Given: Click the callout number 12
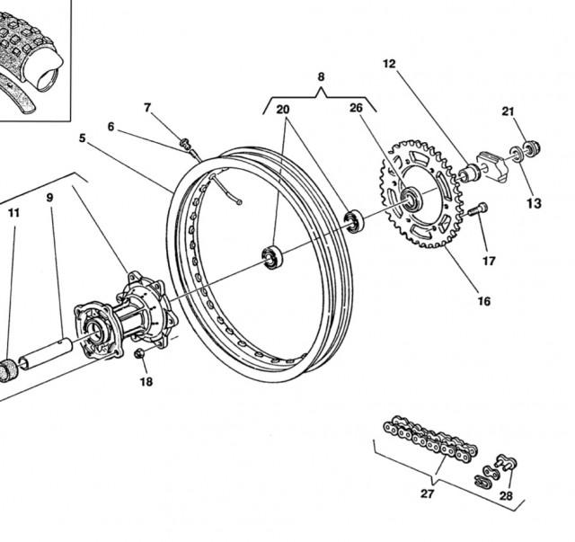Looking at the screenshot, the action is (x=389, y=64).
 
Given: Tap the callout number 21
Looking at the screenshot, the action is (x=508, y=111).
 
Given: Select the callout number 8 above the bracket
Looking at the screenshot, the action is (x=321, y=76).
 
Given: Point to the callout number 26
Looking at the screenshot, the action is (x=356, y=108).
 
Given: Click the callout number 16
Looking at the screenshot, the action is (x=484, y=301).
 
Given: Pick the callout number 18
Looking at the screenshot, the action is (x=146, y=382).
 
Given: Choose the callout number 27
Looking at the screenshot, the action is (x=428, y=494).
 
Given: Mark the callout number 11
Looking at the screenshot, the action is (x=13, y=213).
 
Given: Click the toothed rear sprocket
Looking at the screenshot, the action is (x=420, y=193).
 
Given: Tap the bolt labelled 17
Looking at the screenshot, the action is (x=478, y=209).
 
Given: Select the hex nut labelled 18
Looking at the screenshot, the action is (x=139, y=354).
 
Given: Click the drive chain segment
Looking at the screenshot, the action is (x=430, y=439).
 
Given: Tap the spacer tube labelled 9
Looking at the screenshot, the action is (x=46, y=353).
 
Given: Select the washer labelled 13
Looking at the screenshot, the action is (x=517, y=153).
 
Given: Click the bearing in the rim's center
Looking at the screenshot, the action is (x=272, y=257).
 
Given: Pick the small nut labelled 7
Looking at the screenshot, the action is (x=185, y=143).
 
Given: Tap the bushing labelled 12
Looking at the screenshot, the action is (x=470, y=173).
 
